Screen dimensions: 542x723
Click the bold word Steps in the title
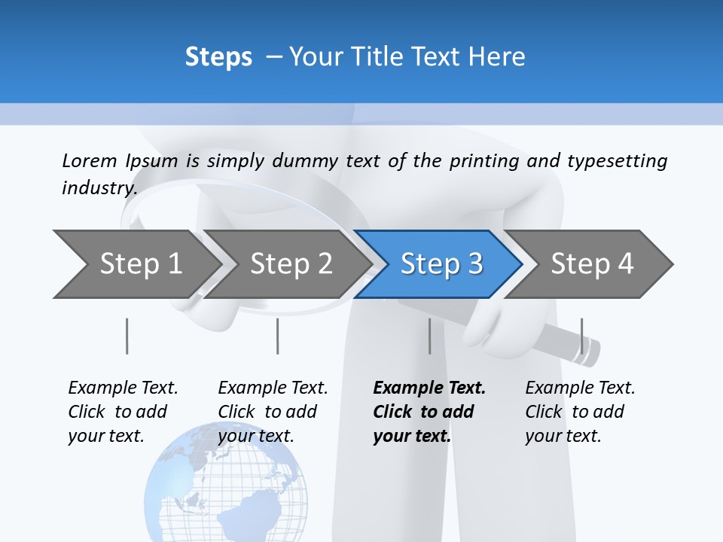[x=218, y=57]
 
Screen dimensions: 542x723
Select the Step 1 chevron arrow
[x=136, y=263]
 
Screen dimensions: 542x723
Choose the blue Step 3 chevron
[x=441, y=263]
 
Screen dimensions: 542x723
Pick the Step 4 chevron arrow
[x=591, y=263]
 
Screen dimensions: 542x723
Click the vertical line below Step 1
[x=127, y=336]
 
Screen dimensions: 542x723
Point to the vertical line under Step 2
[x=278, y=336]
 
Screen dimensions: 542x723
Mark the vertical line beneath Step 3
[x=430, y=336]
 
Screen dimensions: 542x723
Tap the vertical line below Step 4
[x=581, y=336]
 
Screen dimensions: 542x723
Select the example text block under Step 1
[x=123, y=412]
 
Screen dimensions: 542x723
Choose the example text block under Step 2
[x=273, y=412]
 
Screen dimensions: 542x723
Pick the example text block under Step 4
[x=580, y=412]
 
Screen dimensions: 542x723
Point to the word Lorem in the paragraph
[x=90, y=160]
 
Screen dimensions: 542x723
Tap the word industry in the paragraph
[x=99, y=187]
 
